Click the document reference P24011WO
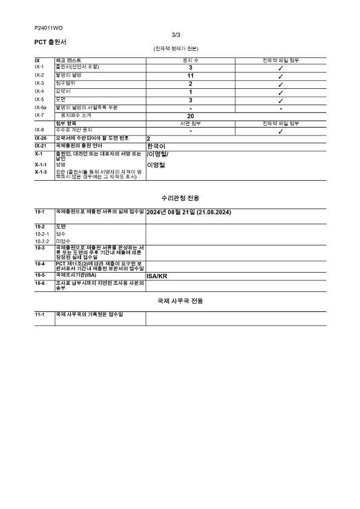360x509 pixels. click(x=48, y=28)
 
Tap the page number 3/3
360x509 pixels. click(x=176, y=35)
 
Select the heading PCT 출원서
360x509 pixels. click(x=50, y=42)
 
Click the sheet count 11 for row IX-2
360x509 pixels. click(x=191, y=76)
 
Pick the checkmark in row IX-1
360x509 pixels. click(x=281, y=68)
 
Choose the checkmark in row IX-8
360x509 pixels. click(x=281, y=131)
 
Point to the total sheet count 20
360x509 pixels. click(x=191, y=115)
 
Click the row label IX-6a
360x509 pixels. click(x=41, y=107)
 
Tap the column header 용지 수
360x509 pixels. click(x=191, y=60)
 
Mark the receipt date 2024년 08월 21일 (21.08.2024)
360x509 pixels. click(x=189, y=213)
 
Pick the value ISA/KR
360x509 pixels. click(x=157, y=276)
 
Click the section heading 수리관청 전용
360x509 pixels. click(x=180, y=198)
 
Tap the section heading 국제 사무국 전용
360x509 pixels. click(x=180, y=300)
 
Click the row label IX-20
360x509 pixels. click(x=41, y=138)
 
